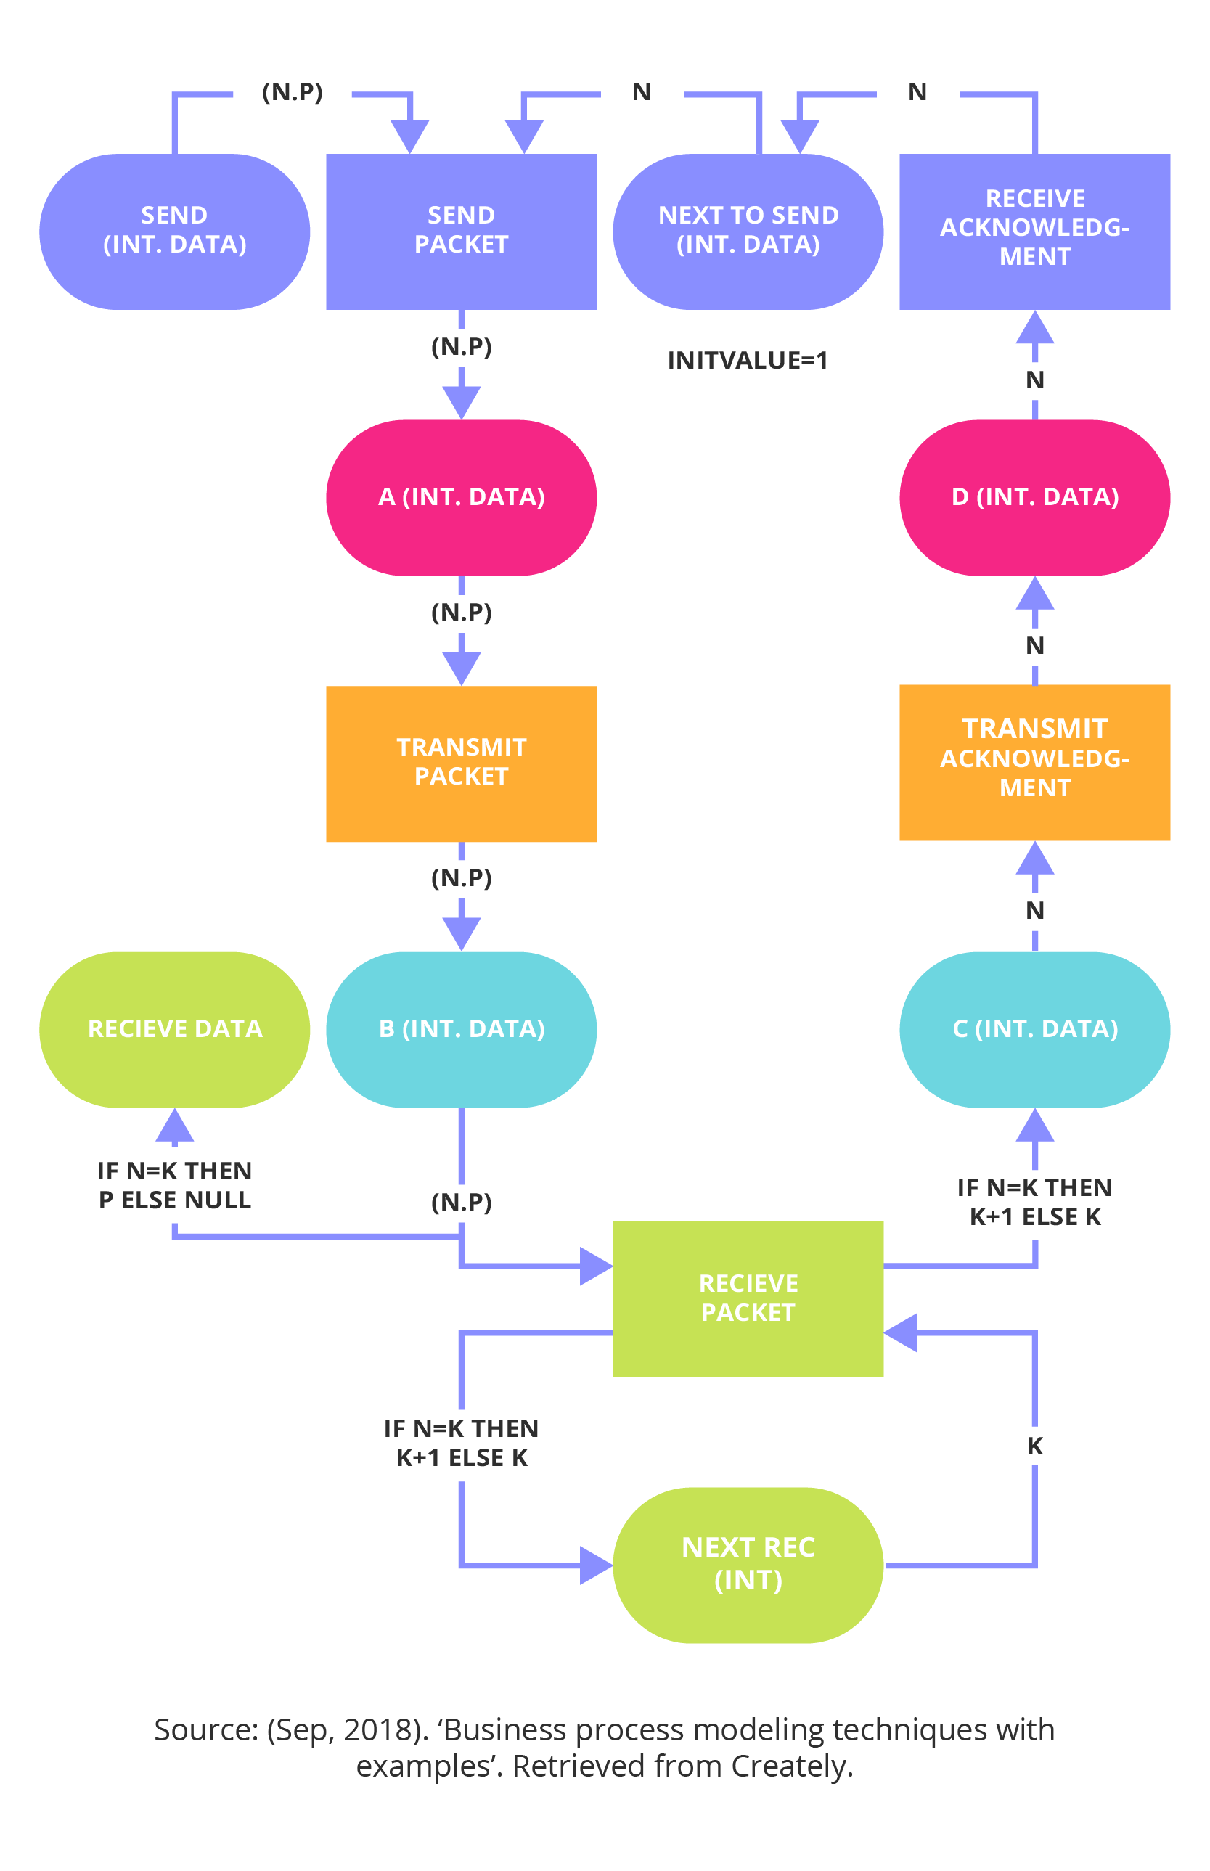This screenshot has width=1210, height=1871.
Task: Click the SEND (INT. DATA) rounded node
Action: coord(174,231)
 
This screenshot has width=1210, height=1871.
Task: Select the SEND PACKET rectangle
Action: coord(461,231)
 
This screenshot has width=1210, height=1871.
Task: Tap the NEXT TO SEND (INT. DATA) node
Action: coord(748,231)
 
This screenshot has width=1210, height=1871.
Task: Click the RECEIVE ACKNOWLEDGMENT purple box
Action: coord(1035,231)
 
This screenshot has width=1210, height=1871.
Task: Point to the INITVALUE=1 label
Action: coord(747,361)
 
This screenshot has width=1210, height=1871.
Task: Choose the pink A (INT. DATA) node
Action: coord(461,497)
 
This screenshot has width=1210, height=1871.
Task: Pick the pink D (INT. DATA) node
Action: coord(1035,497)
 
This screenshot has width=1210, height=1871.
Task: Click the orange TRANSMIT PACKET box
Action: coord(461,763)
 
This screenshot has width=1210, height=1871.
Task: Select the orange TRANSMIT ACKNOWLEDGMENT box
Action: coord(1035,762)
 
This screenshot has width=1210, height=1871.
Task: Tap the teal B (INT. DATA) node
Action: coord(461,1029)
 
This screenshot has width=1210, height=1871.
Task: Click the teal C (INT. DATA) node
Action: coord(1035,1029)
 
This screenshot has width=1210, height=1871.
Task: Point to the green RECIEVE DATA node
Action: coord(174,1029)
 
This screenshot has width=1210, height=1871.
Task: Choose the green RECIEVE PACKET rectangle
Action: coord(748,1298)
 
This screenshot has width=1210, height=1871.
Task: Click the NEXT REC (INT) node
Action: coord(748,1564)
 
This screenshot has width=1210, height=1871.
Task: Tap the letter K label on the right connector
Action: coord(1035,1446)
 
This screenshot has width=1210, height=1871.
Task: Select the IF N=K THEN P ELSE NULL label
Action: coord(174,1185)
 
